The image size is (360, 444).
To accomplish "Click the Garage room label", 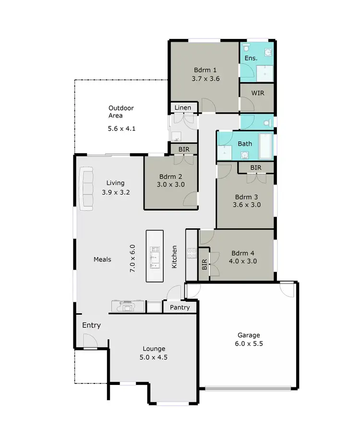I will click(x=249, y=335).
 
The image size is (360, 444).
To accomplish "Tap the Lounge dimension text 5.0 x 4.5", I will click(x=154, y=357).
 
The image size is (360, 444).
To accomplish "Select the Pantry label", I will click(x=180, y=307).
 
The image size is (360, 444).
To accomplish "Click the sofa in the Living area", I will click(x=86, y=188).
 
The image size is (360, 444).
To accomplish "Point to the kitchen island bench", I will click(x=155, y=257).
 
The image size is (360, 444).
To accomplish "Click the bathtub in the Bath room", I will click(x=265, y=147).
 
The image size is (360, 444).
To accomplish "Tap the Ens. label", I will click(x=251, y=58).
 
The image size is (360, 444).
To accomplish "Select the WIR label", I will click(x=257, y=92).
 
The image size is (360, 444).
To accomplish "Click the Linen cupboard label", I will click(x=182, y=108).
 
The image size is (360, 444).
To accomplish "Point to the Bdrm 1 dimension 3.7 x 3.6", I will click(x=206, y=78).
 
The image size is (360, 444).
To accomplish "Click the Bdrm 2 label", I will click(x=170, y=175).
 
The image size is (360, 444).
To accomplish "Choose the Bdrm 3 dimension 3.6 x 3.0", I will click(x=247, y=204).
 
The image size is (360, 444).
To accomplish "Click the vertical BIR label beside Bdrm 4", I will click(x=204, y=264).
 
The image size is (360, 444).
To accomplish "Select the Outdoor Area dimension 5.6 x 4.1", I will click(x=122, y=128).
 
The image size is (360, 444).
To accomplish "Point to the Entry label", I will click(x=91, y=325).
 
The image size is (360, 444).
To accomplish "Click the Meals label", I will click(x=102, y=259).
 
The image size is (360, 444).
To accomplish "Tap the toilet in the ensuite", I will click(x=246, y=47).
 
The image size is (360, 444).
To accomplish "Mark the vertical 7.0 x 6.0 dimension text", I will click(x=132, y=259).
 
